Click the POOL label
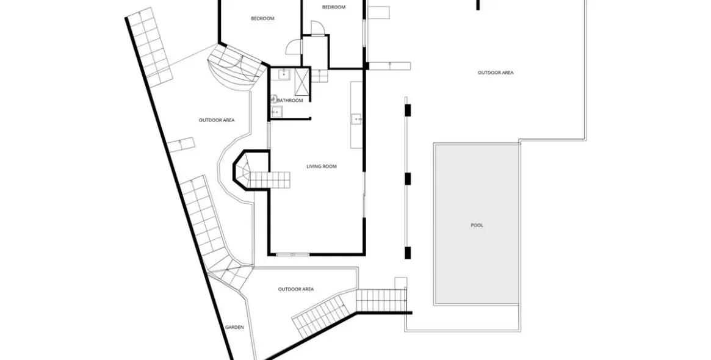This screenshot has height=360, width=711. tap(477, 225)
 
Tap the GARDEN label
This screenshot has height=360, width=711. tap(234, 327)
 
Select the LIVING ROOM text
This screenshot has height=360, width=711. tap(322, 167)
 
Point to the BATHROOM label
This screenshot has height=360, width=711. tap(290, 101)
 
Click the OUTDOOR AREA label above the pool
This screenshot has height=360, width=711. tap(496, 73)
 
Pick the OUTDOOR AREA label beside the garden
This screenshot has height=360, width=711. tap(295, 289)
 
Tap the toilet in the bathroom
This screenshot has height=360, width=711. tap(273, 98)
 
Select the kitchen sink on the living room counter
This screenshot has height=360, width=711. tap(356, 119)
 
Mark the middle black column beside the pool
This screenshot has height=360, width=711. tap(408, 179)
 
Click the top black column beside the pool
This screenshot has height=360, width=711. tap(408, 110)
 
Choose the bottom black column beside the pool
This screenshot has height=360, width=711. tap(408, 253)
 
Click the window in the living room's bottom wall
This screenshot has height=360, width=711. tap(293, 254)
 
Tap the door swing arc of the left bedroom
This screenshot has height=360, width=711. tap(294, 46)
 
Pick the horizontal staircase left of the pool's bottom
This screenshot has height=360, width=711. tap(381, 300)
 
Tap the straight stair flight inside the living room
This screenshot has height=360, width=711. tap(270, 179)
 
